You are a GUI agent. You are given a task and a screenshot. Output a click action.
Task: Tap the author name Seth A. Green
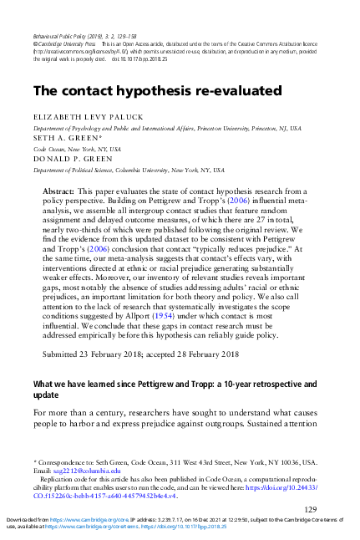pyautogui.click(x=60, y=139)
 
